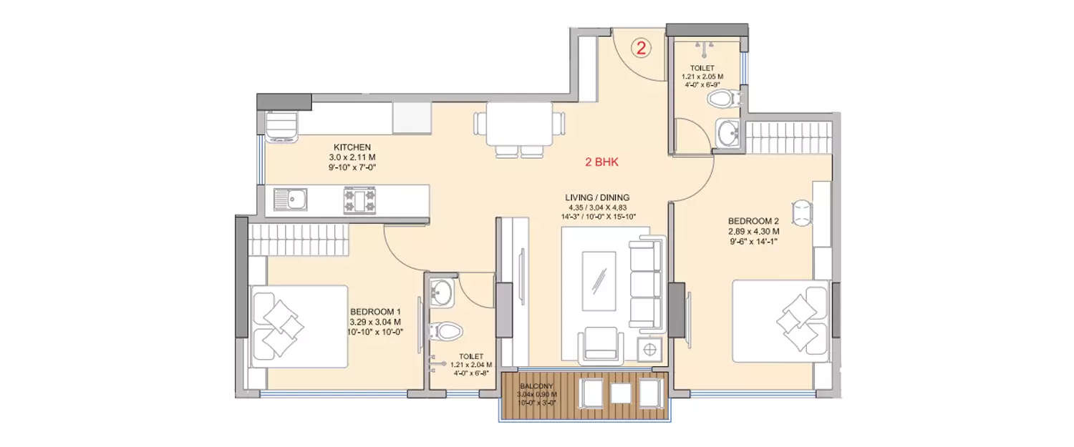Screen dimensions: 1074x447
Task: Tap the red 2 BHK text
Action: pyautogui.click(x=601, y=162)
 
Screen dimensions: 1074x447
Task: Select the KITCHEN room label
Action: pyautogui.click(x=352, y=147)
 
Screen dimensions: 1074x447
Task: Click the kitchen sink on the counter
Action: pyautogui.click(x=290, y=200)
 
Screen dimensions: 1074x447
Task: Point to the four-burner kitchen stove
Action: pyautogui.click(x=359, y=200)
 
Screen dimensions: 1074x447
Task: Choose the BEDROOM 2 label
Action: pyautogui.click(x=753, y=221)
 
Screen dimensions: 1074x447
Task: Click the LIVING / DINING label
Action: pyautogui.click(x=597, y=197)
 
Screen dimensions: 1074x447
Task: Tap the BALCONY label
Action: pyautogui.click(x=536, y=385)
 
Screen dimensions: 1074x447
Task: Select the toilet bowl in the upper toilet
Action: pyautogui.click(x=723, y=99)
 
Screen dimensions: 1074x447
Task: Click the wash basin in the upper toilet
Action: pyautogui.click(x=728, y=133)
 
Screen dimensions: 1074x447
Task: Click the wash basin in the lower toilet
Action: pyautogui.click(x=441, y=292)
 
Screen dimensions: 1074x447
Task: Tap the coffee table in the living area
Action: pyautogui.click(x=599, y=281)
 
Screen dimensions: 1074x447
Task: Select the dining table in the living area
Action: pyautogui.click(x=519, y=124)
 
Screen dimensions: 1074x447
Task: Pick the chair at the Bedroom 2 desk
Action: pyautogui.click(x=801, y=212)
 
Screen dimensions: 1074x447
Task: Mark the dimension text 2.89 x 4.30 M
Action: pyautogui.click(x=753, y=232)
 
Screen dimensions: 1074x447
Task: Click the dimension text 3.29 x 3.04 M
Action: pyautogui.click(x=375, y=322)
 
